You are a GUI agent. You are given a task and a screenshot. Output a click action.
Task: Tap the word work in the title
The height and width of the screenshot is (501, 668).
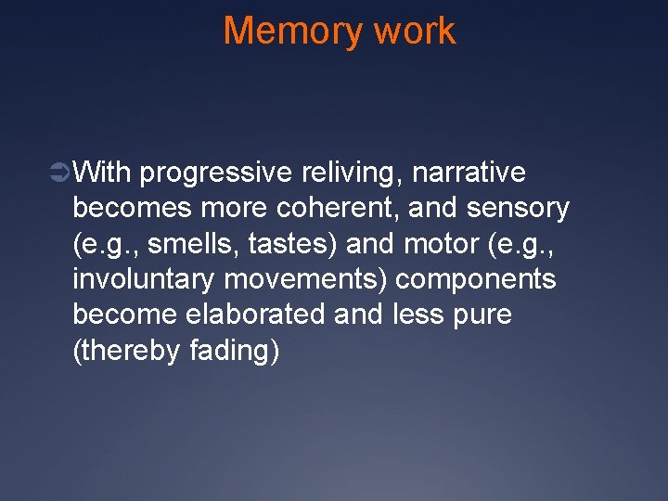point(414,31)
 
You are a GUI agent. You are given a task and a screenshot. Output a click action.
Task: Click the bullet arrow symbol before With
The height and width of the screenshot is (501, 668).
point(61,173)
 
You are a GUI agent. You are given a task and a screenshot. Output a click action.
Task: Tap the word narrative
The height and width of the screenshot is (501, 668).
point(469,173)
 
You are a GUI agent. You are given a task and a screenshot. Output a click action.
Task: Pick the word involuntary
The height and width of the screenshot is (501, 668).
point(142,279)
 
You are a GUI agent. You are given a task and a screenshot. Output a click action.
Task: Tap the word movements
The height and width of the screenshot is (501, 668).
point(289,279)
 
